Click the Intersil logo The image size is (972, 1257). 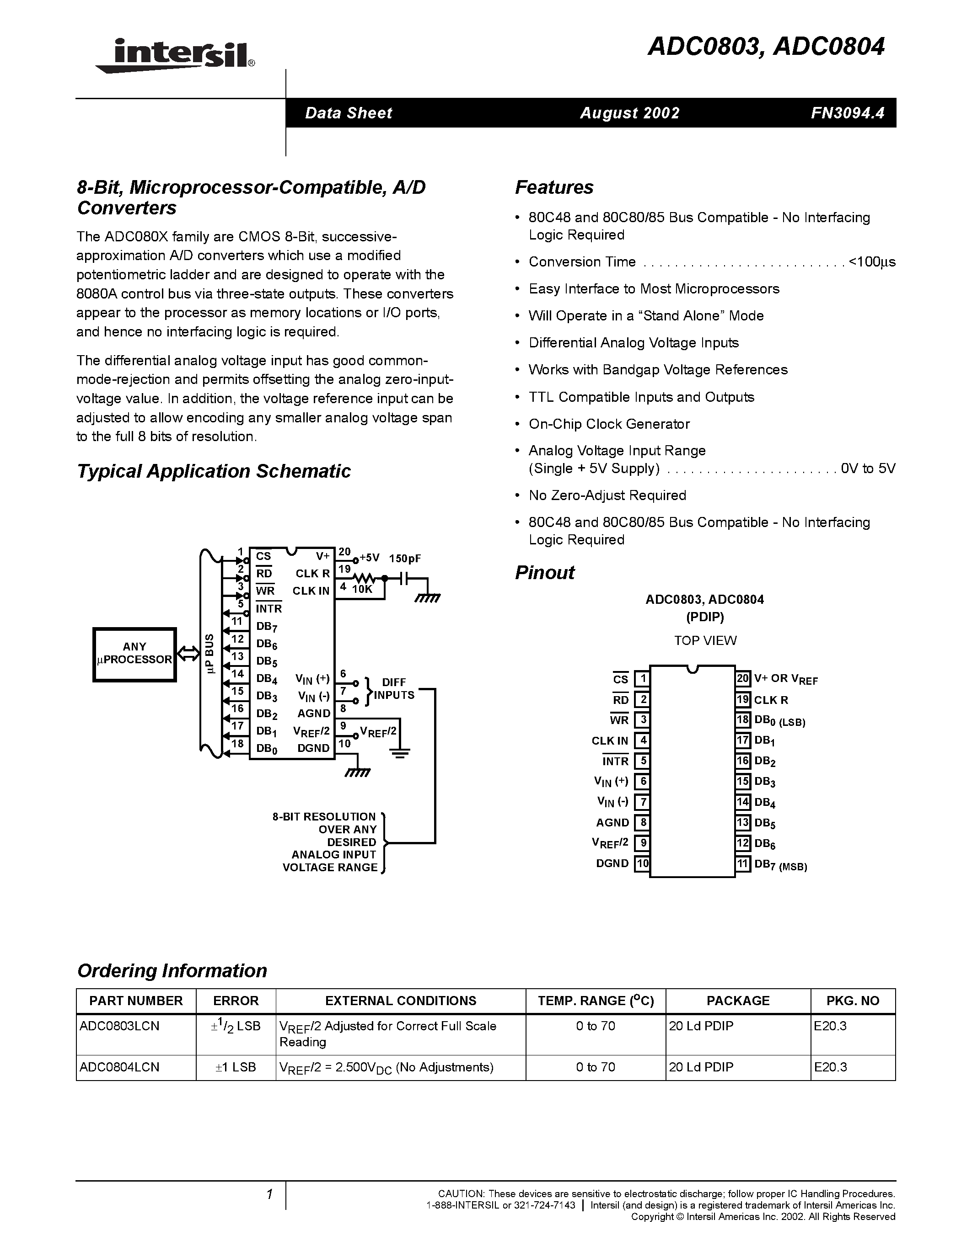tap(176, 56)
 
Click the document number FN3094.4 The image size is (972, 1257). tap(847, 113)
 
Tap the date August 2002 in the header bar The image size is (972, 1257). tap(629, 113)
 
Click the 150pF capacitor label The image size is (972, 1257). tap(405, 558)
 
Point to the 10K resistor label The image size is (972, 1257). tap(362, 589)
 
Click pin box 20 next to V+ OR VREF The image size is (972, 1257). tap(743, 679)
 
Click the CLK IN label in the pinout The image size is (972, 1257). tap(609, 741)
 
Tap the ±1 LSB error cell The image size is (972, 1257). tap(236, 1067)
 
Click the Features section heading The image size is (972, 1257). tap(553, 187)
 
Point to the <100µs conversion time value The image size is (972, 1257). tap(872, 262)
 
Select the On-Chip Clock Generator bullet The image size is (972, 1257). tap(609, 424)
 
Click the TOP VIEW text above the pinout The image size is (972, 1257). tap(705, 640)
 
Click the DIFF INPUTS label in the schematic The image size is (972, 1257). tap(394, 688)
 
